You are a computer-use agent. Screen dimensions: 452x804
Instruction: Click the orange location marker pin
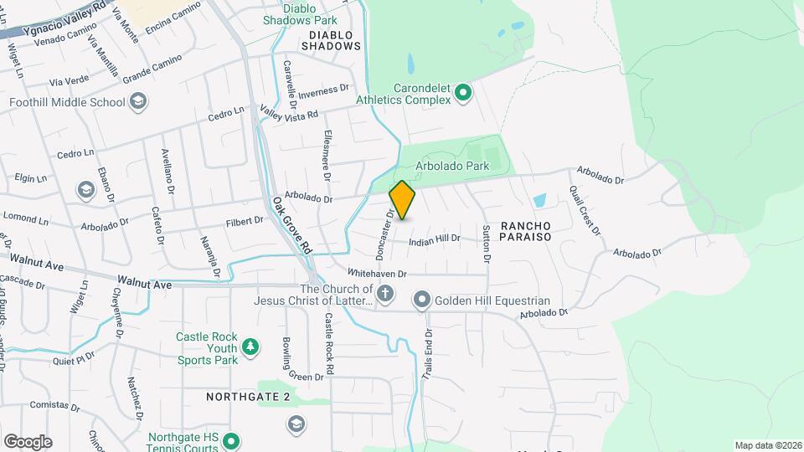click(x=402, y=200)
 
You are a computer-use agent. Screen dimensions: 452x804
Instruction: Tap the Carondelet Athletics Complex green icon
click(x=461, y=92)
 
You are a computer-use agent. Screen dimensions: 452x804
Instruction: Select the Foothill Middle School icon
click(x=139, y=102)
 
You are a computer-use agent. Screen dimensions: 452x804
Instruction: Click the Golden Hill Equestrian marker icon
click(x=422, y=300)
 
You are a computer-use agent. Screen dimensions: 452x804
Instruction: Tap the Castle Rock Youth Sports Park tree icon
click(x=249, y=347)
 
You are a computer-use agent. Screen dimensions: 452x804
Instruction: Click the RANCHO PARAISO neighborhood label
click(x=525, y=232)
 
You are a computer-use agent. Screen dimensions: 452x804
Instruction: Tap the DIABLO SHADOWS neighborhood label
click(x=335, y=40)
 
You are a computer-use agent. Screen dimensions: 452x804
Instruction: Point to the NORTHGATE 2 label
click(x=247, y=395)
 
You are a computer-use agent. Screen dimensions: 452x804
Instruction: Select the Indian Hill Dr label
click(x=435, y=239)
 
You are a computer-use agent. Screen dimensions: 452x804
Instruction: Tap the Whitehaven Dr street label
click(x=377, y=274)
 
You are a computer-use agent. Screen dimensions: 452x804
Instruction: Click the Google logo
click(x=28, y=441)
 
